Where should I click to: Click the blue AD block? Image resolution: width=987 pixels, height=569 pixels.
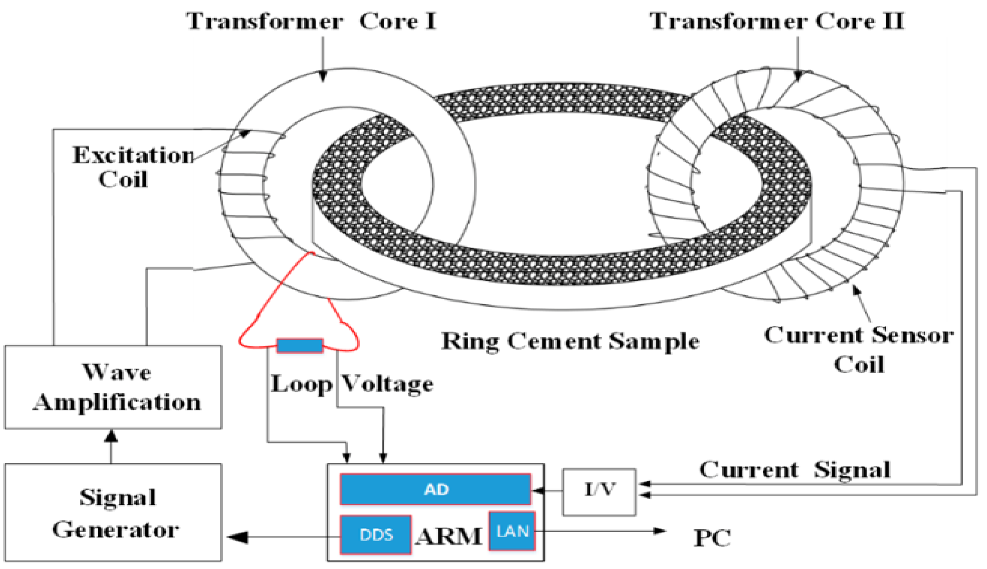pos(435,489)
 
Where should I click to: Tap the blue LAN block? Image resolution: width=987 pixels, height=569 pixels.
pos(512,531)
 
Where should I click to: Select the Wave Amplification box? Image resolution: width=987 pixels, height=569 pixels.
pos(113,387)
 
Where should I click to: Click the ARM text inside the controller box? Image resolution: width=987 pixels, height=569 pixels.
pos(449,536)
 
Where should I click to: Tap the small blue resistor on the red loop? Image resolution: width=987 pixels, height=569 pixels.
pos(300,345)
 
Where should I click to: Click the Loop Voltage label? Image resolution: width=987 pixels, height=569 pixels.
pos(352,384)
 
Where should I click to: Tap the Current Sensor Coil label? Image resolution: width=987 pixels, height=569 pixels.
pos(859,349)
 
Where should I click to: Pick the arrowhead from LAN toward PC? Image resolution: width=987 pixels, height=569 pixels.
pos(660,531)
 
